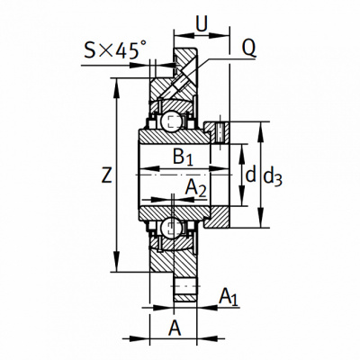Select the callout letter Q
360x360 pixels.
pos(248,48)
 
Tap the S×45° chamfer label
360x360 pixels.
pos(115,49)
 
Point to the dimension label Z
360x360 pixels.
pos(107,175)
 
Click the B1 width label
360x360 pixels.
pos(183,157)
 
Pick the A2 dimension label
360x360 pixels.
pos(195,189)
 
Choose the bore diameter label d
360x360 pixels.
pos(250,175)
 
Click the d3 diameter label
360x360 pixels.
pos(273,177)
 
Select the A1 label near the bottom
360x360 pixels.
pos(229,297)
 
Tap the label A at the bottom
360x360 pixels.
pos(175,328)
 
